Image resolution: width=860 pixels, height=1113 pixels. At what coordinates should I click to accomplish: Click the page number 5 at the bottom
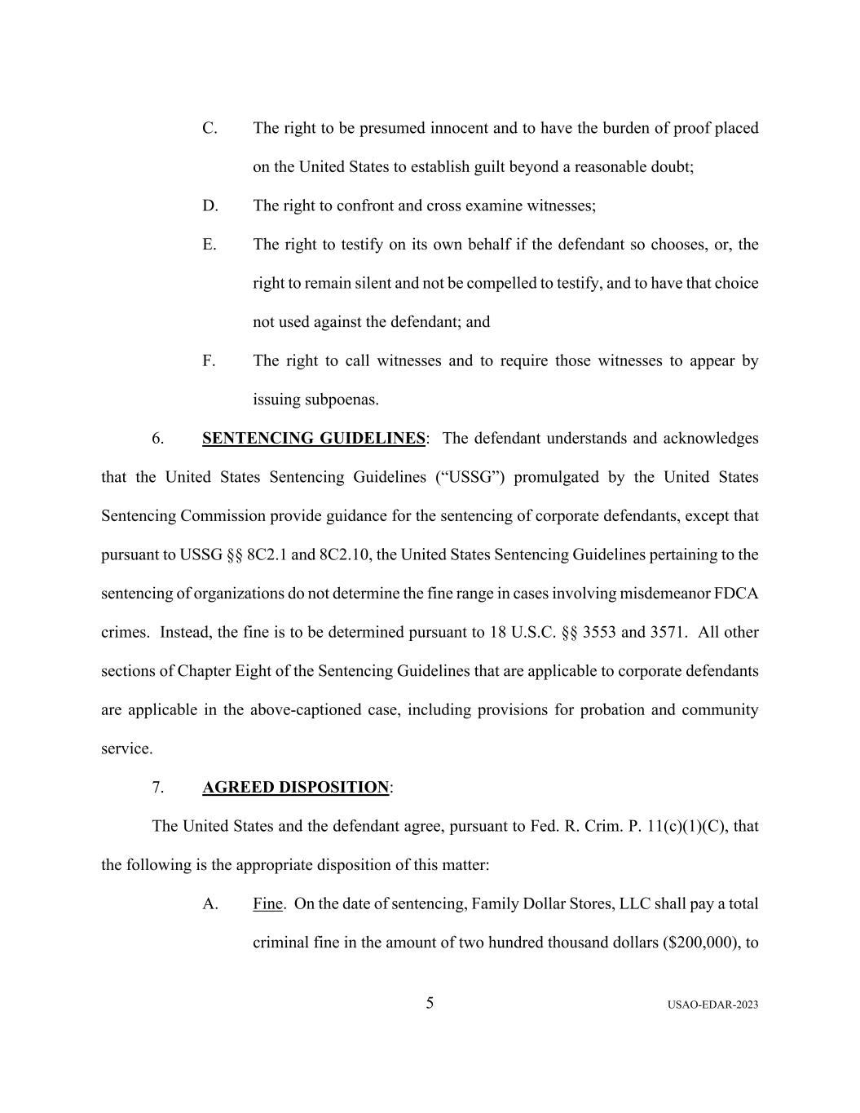430,1003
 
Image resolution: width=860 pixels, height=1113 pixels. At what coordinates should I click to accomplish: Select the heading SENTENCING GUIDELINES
313,439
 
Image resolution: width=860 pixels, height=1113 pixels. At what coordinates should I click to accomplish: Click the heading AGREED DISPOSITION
295,788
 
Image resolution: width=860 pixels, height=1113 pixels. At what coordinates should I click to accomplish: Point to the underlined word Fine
267,904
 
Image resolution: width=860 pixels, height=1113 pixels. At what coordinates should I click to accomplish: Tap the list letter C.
209,129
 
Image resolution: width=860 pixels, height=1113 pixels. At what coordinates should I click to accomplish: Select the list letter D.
210,206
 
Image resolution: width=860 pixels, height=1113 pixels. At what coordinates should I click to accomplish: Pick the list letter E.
209,245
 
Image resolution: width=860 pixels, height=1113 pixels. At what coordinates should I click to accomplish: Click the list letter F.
209,361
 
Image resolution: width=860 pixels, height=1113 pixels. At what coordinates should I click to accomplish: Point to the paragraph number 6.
157,439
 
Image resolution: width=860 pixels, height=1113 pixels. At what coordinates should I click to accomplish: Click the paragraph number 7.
157,788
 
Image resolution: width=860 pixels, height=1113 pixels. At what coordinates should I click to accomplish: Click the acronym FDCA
736,594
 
